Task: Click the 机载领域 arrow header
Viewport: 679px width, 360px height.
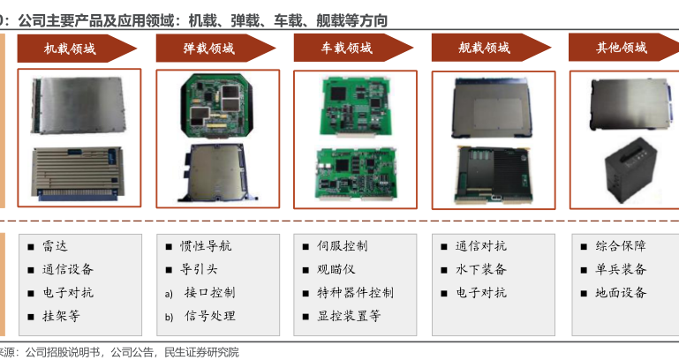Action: pyautogui.click(x=77, y=49)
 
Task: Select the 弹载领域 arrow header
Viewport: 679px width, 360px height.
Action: pyautogui.click(x=215, y=49)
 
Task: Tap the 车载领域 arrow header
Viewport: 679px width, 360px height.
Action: pyautogui.click(x=353, y=48)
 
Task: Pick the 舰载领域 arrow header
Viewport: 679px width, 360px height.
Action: pyautogui.click(x=491, y=48)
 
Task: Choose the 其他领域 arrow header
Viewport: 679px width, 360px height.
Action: pyautogui.click(x=623, y=47)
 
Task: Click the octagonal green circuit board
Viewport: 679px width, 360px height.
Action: pyautogui.click(x=216, y=106)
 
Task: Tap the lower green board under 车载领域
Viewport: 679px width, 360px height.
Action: pyautogui.click(x=356, y=174)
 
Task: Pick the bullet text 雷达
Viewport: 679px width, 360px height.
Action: pyautogui.click(x=55, y=246)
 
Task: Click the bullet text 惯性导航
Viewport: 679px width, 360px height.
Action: pyautogui.click(x=206, y=246)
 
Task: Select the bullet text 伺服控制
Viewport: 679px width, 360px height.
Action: pyautogui.click(x=342, y=246)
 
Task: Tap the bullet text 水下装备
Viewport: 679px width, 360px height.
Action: pyautogui.click(x=480, y=270)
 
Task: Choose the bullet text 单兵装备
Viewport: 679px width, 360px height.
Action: pyautogui.click(x=621, y=270)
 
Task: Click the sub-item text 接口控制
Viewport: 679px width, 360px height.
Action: pyautogui.click(x=210, y=293)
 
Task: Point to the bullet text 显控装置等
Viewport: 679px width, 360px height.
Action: pyautogui.click(x=349, y=316)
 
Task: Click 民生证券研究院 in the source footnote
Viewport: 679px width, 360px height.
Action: pyautogui.click(x=202, y=352)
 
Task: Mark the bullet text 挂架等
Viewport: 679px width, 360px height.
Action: pyautogui.click(x=61, y=316)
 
